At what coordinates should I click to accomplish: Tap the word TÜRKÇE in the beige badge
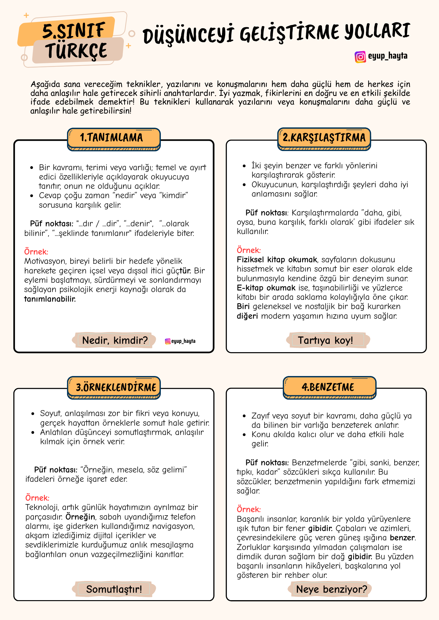(76, 51)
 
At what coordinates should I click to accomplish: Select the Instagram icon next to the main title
(360, 57)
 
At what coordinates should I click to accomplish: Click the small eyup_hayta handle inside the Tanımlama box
(180, 341)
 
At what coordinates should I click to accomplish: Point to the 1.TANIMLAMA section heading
(112, 138)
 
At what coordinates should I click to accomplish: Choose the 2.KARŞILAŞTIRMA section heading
(324, 138)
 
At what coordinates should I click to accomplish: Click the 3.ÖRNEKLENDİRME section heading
(116, 387)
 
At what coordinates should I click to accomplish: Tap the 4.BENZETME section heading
(328, 387)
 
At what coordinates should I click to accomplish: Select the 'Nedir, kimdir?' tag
(115, 340)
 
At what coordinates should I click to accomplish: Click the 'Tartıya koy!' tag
(325, 340)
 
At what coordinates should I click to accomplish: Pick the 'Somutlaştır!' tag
(114, 589)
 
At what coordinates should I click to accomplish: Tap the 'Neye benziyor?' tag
(332, 589)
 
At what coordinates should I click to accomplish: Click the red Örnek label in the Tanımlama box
(36, 252)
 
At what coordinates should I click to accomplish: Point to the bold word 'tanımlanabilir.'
(50, 299)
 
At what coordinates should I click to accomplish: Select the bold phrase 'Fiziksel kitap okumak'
(277, 259)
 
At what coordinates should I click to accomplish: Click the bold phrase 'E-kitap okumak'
(266, 288)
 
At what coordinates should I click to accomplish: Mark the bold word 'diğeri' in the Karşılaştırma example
(247, 316)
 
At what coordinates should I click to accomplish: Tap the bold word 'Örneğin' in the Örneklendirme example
(80, 517)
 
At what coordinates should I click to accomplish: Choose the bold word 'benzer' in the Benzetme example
(402, 538)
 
